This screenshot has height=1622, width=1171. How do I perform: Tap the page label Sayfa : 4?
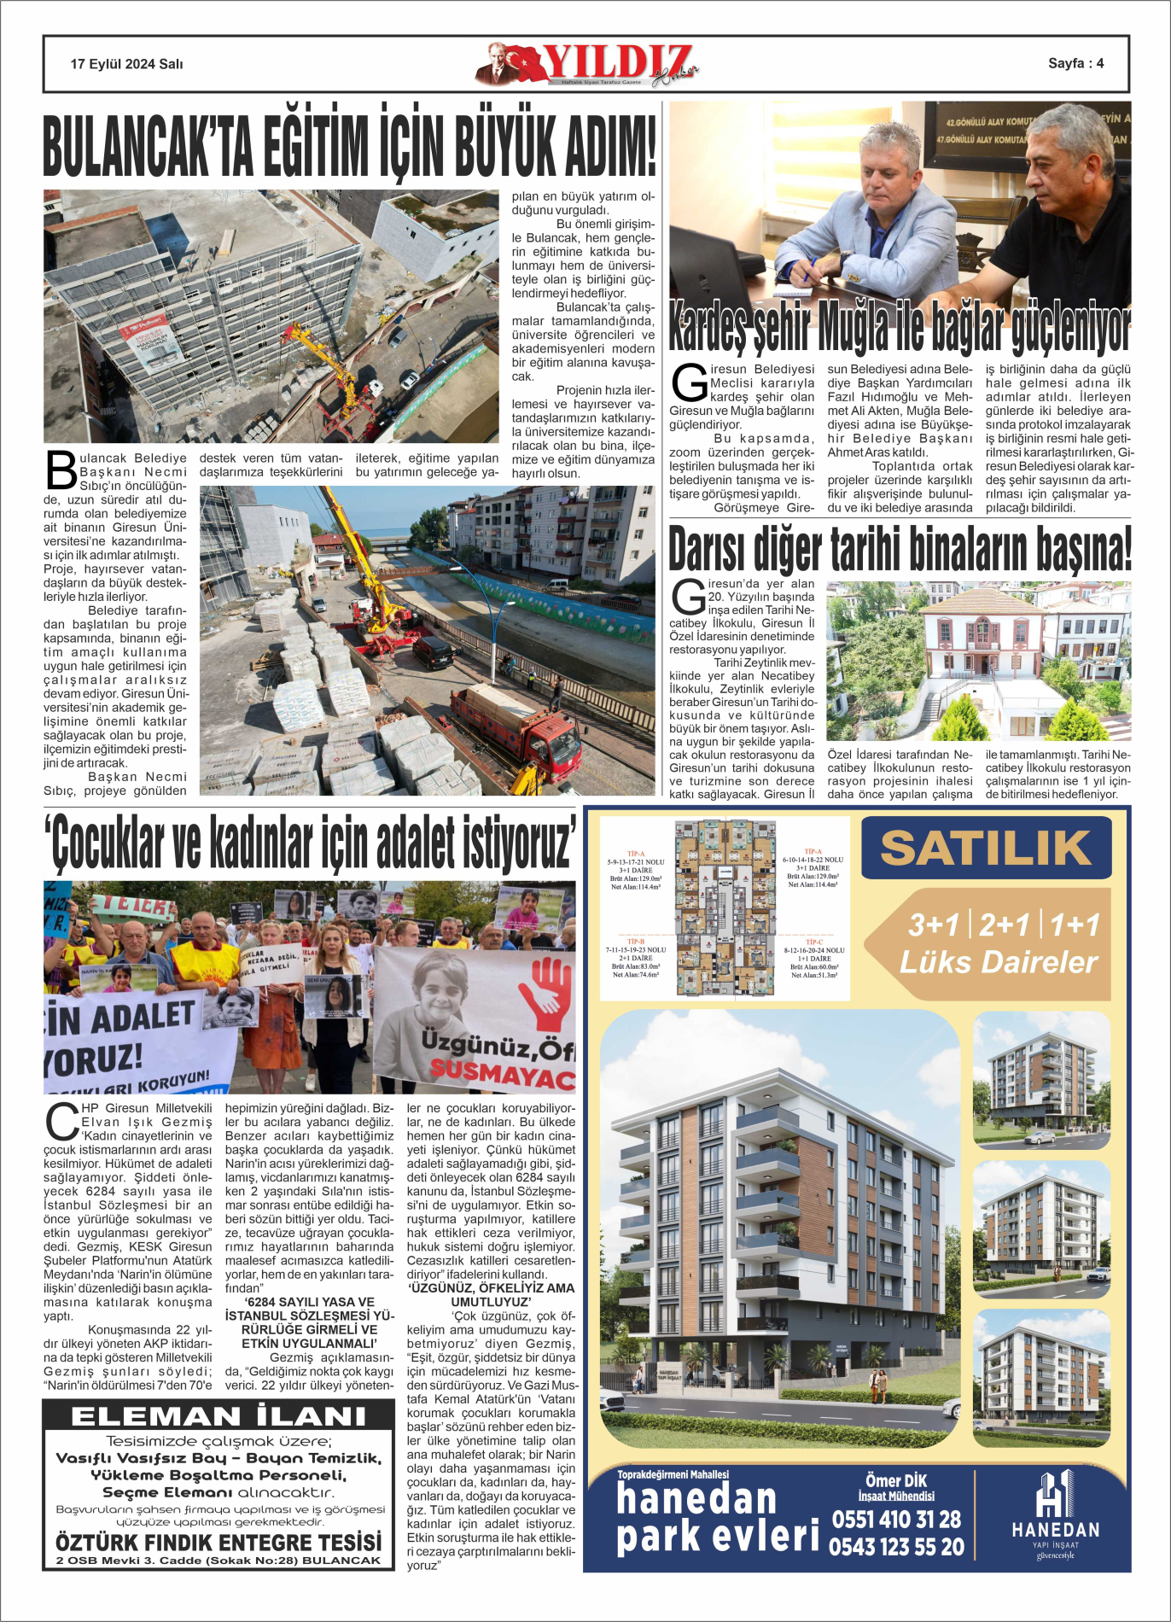point(1075,63)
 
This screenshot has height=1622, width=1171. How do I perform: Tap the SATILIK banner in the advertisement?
point(986,849)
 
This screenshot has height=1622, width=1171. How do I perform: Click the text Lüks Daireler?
point(999,962)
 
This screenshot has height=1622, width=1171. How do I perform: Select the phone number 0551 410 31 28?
point(896,1520)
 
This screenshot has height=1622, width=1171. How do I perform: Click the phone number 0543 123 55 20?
point(896,1547)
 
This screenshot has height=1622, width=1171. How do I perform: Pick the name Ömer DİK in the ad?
point(896,1481)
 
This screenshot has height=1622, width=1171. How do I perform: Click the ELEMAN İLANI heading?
point(218,1417)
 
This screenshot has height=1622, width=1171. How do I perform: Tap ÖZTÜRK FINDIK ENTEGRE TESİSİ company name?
point(218,1543)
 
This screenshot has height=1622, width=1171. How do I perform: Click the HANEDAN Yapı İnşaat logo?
point(1056,1514)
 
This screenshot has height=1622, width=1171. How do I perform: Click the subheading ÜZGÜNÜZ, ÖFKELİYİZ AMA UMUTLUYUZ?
point(491,1294)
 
